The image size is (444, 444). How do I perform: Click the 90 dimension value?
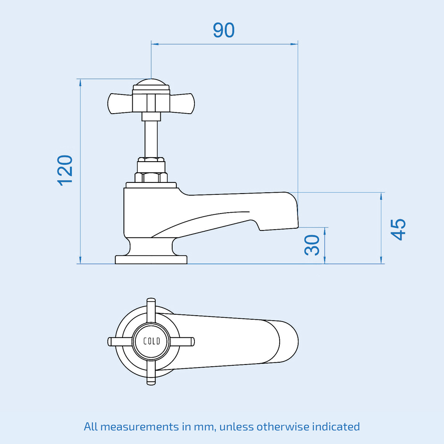pos(223,30)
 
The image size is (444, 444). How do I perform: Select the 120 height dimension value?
pos(65,170)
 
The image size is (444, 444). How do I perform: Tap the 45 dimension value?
pos(398,230)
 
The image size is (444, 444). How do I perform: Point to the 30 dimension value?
pos(313,245)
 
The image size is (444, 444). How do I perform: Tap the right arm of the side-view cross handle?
pos(182,103)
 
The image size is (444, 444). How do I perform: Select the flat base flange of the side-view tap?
pos(151,259)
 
